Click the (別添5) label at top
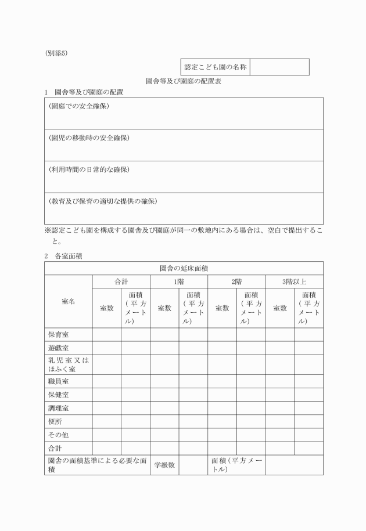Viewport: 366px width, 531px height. click(56, 53)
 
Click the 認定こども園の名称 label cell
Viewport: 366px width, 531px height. click(216, 67)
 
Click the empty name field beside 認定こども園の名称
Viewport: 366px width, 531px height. click(280, 67)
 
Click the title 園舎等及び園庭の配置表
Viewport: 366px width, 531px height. click(184, 82)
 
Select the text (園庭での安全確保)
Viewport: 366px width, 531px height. click(79, 106)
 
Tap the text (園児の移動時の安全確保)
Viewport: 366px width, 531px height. click(89, 138)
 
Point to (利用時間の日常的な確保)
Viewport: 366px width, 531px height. click(89, 169)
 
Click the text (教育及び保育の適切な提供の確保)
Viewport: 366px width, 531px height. click(103, 201)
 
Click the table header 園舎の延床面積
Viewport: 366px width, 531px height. click(184, 268)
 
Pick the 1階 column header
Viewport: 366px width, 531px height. click(179, 282)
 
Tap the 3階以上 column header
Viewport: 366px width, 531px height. click(294, 282)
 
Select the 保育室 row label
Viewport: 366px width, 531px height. click(59, 334)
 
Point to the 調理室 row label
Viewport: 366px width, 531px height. click(59, 408)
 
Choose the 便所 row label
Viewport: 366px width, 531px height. click(55, 421)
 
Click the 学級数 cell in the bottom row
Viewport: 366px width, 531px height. click(164, 465)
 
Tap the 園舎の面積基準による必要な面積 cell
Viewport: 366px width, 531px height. click(96, 465)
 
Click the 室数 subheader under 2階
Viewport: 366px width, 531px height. click(222, 308)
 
